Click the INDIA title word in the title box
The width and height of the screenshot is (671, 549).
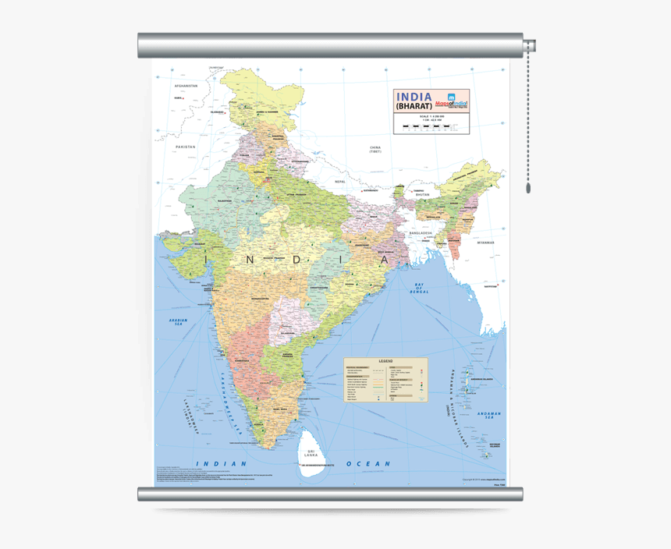pos(414,97)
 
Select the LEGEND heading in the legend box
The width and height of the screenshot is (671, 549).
pos(386,362)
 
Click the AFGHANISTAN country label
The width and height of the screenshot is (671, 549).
pos(186,86)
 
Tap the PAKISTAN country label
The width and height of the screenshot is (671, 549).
pos(186,147)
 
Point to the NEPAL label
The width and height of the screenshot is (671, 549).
pos(339,181)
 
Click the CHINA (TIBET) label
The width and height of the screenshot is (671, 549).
pos(375,149)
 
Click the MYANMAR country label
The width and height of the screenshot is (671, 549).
pos(487,243)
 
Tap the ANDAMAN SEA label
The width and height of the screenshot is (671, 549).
pos(490,416)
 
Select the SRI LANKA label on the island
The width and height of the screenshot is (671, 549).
pos(312,452)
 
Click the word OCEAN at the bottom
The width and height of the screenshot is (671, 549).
pos(368,464)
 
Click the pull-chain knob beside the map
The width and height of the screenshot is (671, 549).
pos(528,188)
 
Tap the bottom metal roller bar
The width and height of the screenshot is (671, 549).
pos(330,494)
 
